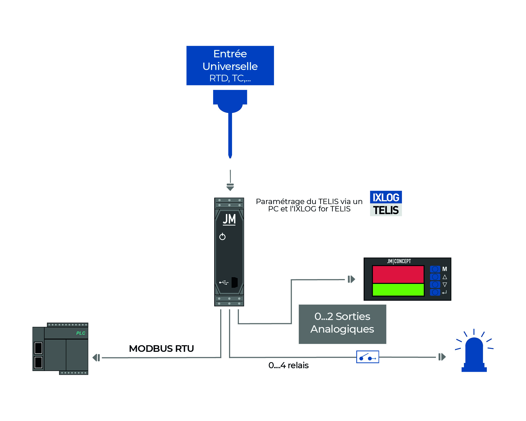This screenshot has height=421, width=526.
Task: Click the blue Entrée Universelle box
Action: (x=230, y=65)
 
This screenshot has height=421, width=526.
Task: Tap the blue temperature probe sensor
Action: (x=230, y=121)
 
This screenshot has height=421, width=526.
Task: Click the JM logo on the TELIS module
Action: (x=229, y=219)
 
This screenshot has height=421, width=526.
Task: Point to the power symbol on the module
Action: (x=222, y=237)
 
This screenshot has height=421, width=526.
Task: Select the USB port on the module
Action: (x=234, y=282)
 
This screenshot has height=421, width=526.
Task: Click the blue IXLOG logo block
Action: (x=386, y=197)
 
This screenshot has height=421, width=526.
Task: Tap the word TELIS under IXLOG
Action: (x=386, y=210)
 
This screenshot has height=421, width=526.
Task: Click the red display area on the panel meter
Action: (x=398, y=274)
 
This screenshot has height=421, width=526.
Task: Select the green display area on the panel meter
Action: (x=398, y=289)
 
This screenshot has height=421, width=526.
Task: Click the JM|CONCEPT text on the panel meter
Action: (x=399, y=261)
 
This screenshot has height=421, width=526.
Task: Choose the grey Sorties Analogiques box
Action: (x=342, y=324)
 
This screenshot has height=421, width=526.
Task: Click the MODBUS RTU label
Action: (x=161, y=349)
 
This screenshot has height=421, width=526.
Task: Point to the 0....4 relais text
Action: (x=288, y=365)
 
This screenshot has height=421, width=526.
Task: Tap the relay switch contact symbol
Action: (x=367, y=357)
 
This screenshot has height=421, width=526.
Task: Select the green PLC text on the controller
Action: (x=81, y=333)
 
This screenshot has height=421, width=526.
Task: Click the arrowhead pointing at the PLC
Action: (x=96, y=358)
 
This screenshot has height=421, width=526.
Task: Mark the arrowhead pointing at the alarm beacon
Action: (x=442, y=357)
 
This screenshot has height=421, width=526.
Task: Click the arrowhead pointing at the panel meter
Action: (x=352, y=279)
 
